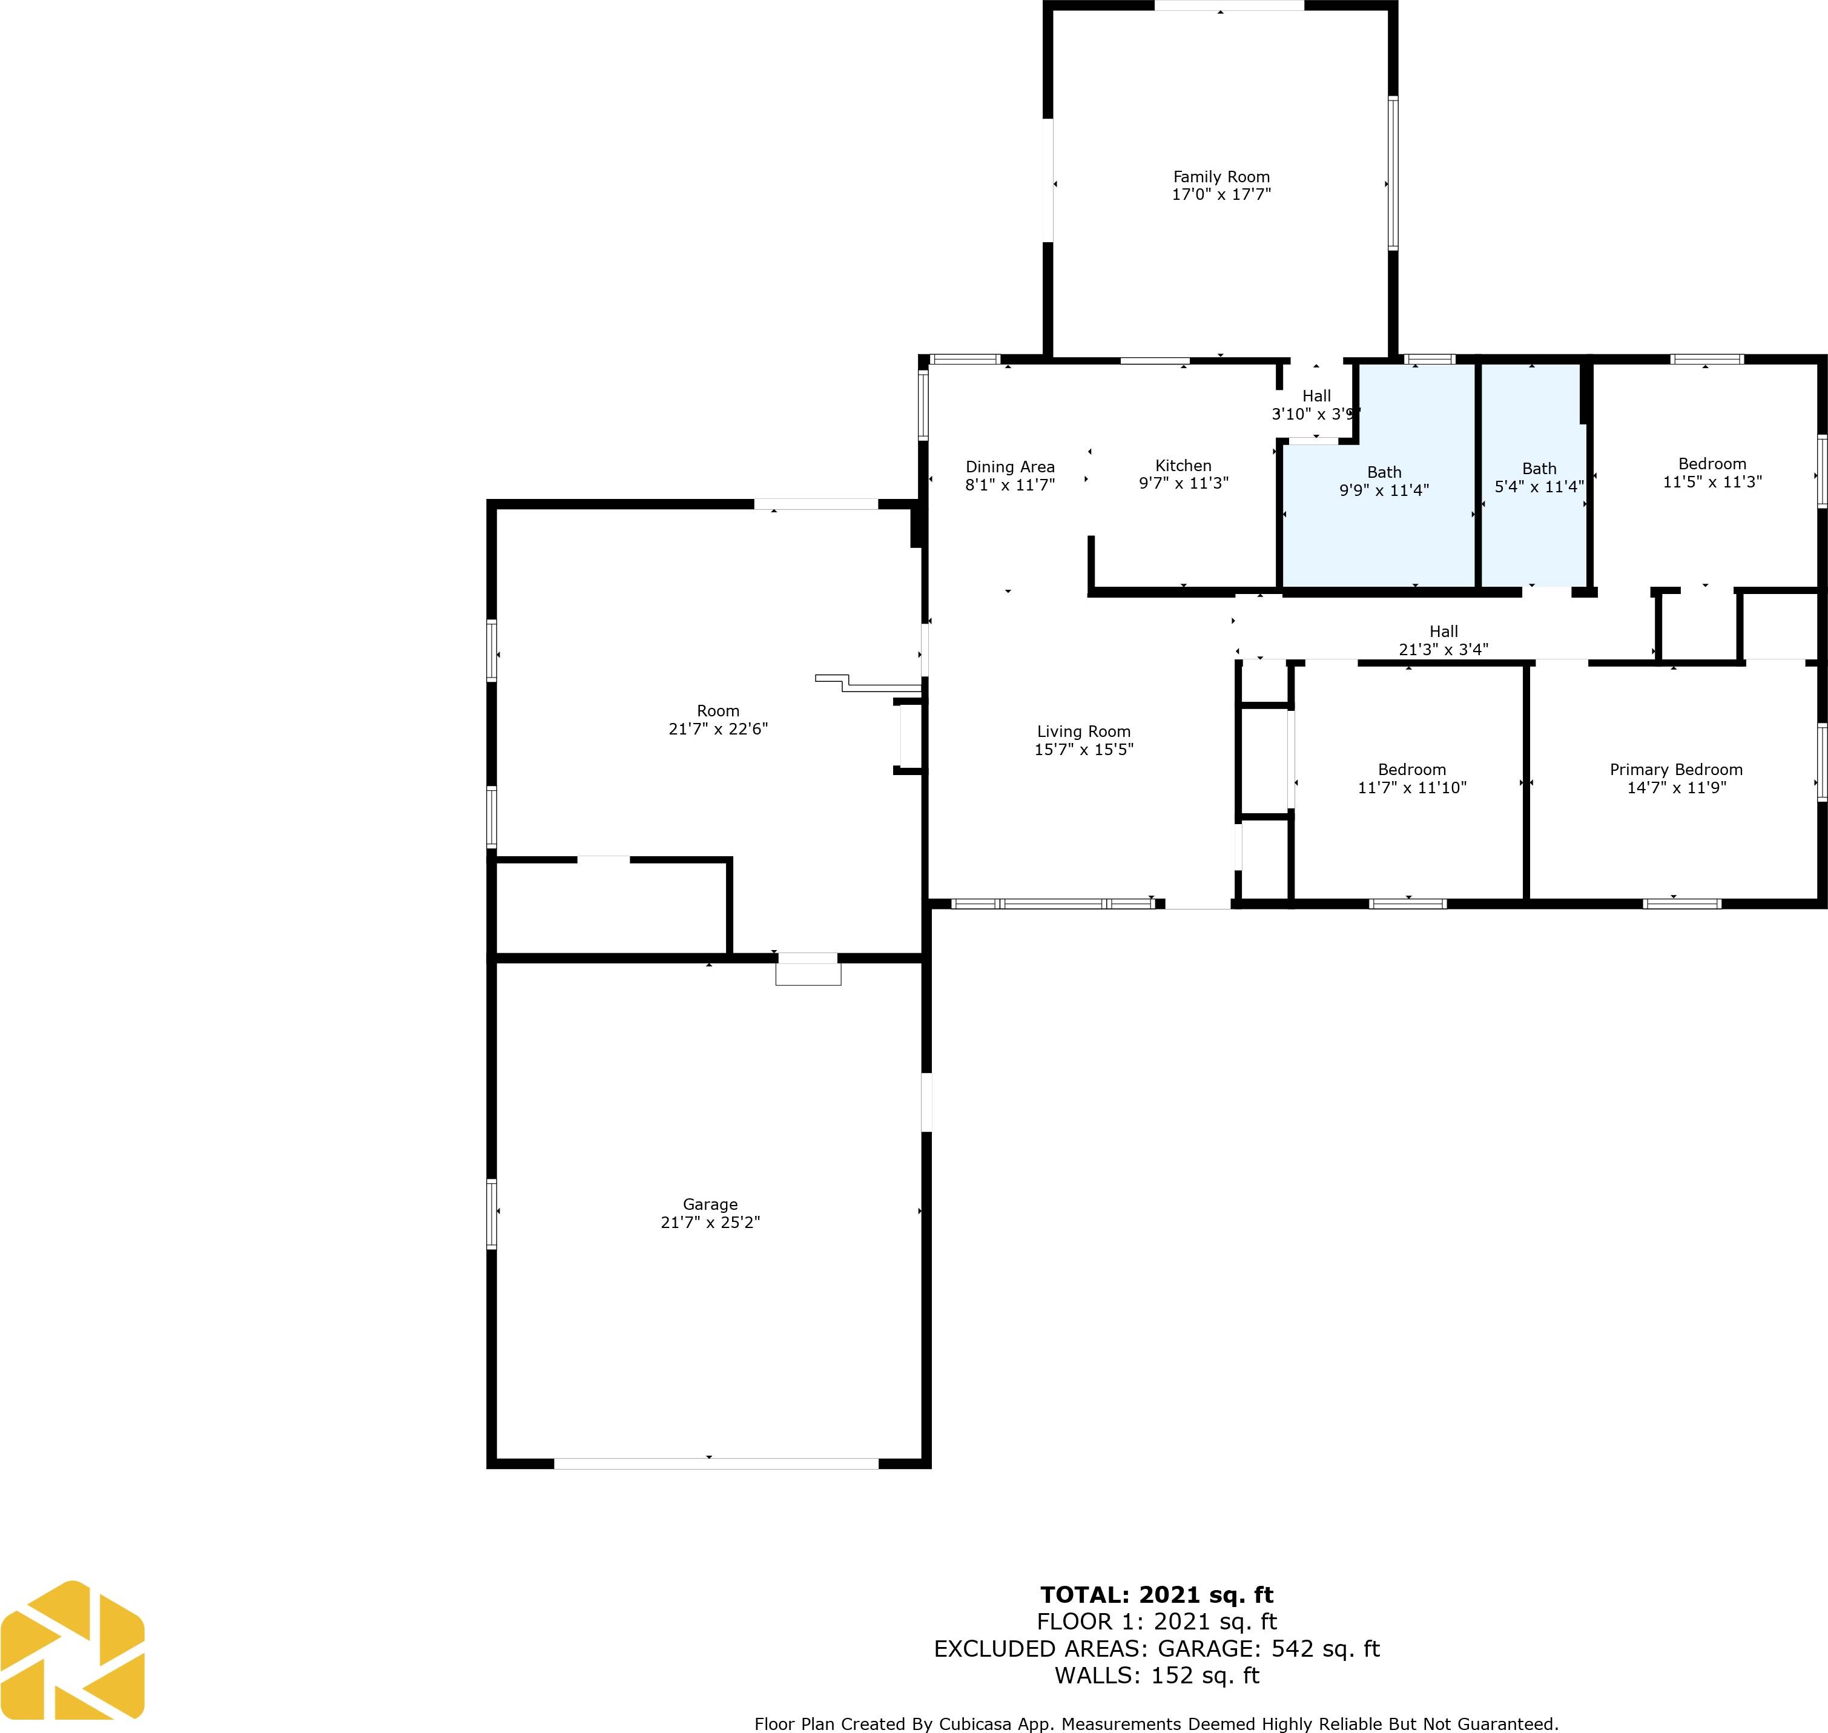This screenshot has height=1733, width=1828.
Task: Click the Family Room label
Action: click(x=1221, y=176)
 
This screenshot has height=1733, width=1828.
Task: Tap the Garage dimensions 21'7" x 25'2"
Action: click(x=710, y=1222)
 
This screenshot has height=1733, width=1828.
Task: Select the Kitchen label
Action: click(x=1183, y=466)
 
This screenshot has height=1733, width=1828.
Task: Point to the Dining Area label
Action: click(x=1009, y=466)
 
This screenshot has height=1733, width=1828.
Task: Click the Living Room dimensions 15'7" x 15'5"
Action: click(x=1083, y=749)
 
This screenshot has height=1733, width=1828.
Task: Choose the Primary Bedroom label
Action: click(x=1675, y=770)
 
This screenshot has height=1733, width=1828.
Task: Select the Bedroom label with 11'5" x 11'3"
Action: click(x=1712, y=464)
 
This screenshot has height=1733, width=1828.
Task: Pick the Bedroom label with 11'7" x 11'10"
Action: click(x=1411, y=770)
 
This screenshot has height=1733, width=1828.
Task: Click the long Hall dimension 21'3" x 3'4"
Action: click(x=1443, y=649)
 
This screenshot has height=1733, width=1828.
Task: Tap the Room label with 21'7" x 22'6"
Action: click(x=718, y=710)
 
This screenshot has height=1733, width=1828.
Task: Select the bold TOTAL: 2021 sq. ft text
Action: click(x=1157, y=1594)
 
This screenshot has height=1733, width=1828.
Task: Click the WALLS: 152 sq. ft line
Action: click(x=1157, y=1675)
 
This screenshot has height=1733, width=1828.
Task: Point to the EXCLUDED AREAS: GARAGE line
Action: click(x=1157, y=1648)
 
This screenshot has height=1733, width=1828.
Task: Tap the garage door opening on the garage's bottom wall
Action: click(x=716, y=1464)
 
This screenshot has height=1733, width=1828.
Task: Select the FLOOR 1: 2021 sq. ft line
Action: click(x=1157, y=1621)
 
